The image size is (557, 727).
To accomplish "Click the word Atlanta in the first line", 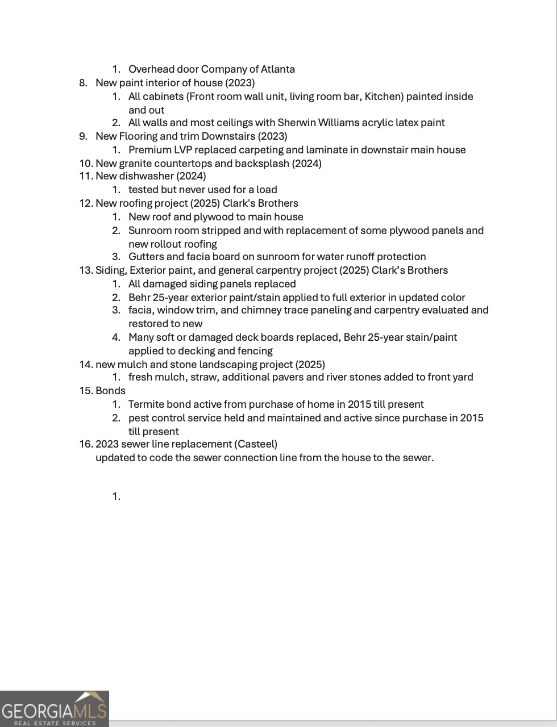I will tap(277, 69).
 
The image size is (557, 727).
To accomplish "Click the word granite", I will tap(135, 164).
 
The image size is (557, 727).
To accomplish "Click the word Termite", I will tap(146, 404).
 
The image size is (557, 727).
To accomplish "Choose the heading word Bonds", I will tap(110, 391).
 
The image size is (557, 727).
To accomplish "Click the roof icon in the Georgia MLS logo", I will tap(91, 697).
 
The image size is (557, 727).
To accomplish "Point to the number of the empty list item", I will tap(116, 496).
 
